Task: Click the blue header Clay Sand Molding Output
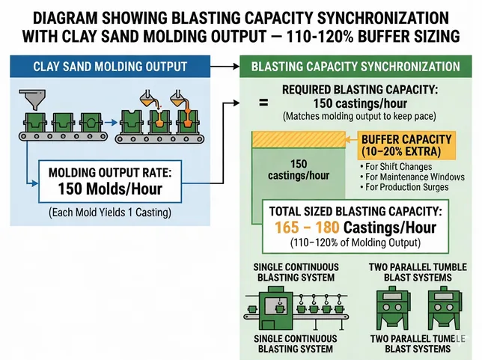point(110,67)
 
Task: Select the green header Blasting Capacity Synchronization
point(356,67)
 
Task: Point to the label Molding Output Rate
point(110,172)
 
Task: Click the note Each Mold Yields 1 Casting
point(110,213)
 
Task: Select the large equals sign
point(263,104)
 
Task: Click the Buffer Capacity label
point(406,139)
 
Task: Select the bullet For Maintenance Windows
point(412,177)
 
